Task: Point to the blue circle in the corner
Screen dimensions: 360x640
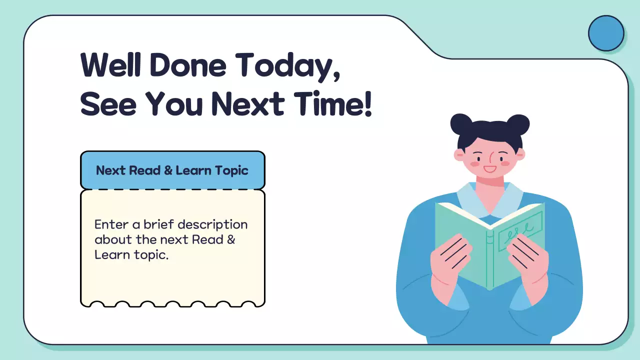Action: pyautogui.click(x=606, y=33)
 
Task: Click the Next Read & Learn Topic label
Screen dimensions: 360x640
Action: pyautogui.click(x=172, y=170)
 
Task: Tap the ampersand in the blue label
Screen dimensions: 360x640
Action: pyautogui.click(x=168, y=170)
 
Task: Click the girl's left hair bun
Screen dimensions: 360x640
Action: pyautogui.click(x=461, y=124)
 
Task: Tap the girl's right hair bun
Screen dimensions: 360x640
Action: pyautogui.click(x=518, y=124)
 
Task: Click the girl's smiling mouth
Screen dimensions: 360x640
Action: pyautogui.click(x=489, y=169)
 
